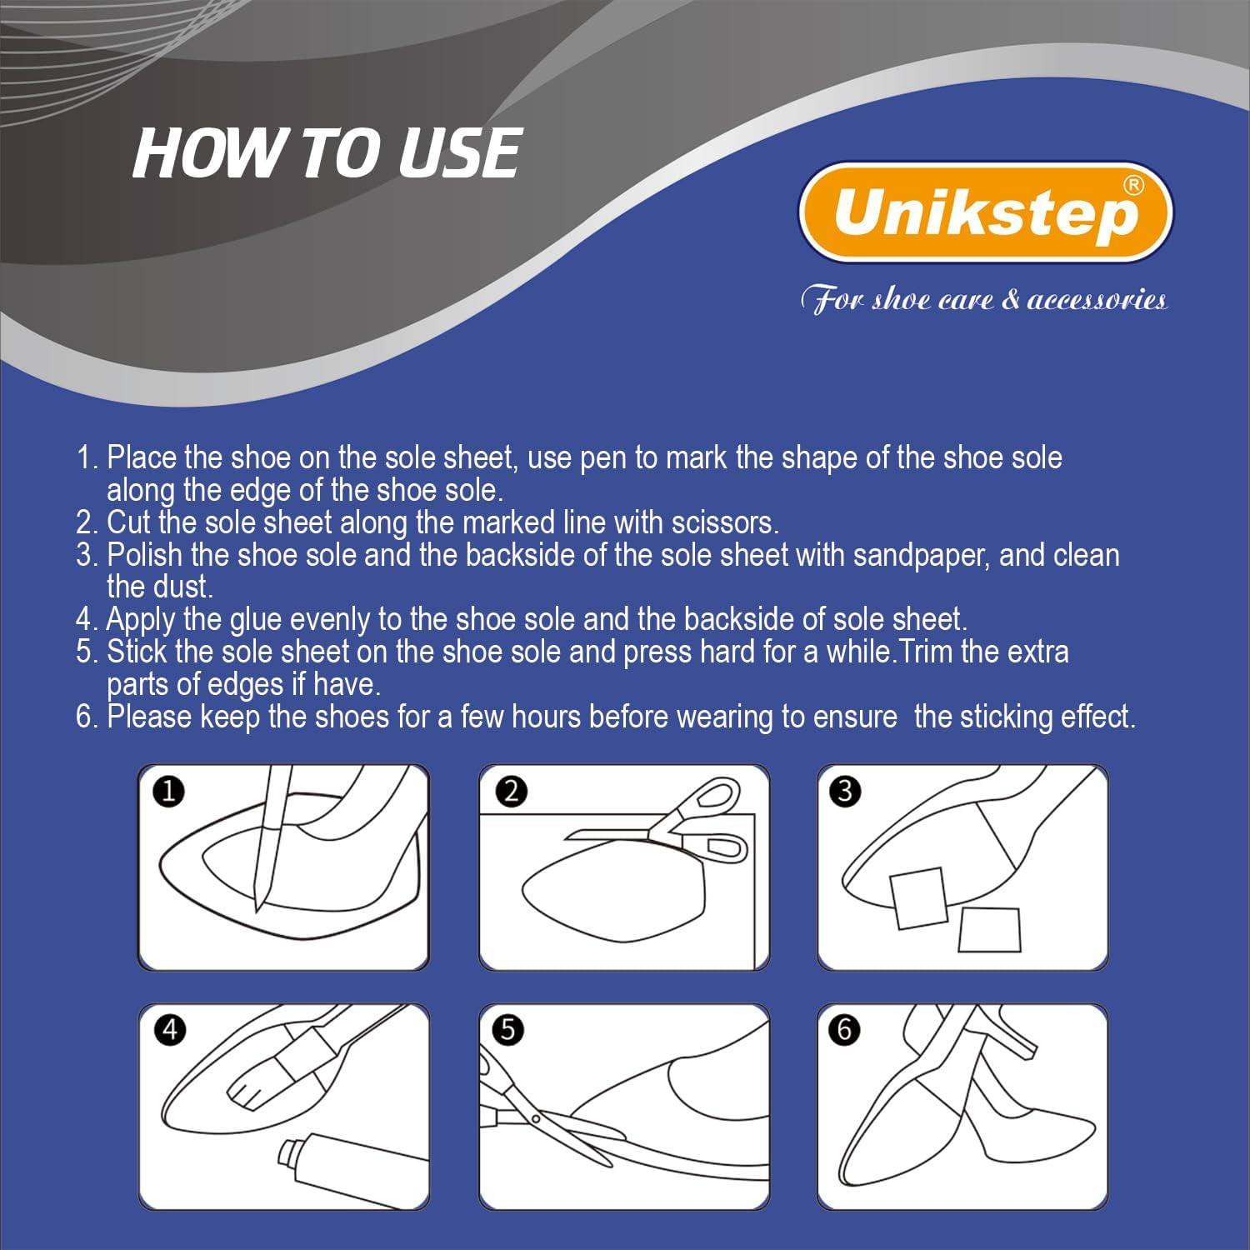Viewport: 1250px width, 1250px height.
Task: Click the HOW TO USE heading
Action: (x=327, y=153)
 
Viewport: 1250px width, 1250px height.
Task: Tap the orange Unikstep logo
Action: (x=986, y=212)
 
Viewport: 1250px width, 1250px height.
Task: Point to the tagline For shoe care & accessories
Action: (x=983, y=300)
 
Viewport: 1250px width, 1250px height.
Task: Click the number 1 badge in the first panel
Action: (x=169, y=791)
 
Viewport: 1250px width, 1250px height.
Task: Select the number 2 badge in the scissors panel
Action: (x=512, y=791)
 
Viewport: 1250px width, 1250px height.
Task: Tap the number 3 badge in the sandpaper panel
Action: (x=846, y=791)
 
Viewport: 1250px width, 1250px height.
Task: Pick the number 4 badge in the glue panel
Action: (x=170, y=1030)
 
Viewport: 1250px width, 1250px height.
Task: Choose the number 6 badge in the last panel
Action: (x=845, y=1030)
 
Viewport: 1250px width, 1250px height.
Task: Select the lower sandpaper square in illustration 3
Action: (x=989, y=929)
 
